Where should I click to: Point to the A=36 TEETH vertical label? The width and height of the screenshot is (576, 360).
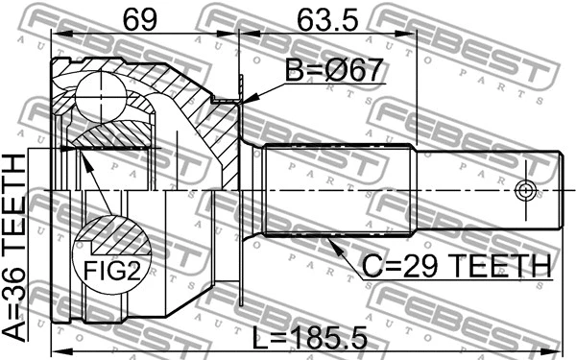[x=17, y=250]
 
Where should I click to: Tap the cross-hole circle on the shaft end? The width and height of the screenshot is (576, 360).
[x=524, y=188]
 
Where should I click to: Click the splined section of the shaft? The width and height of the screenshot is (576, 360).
[x=336, y=190]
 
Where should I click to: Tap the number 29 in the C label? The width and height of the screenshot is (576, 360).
[x=430, y=266]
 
